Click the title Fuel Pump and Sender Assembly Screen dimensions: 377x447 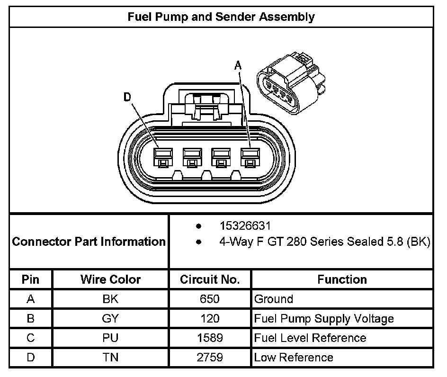click(x=221, y=18)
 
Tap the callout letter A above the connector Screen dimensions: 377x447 click(x=238, y=66)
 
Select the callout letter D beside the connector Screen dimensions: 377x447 click(x=127, y=97)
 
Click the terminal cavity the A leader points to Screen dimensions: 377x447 click(x=250, y=157)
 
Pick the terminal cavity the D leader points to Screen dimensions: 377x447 click(x=162, y=157)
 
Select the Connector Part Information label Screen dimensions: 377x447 click(x=89, y=242)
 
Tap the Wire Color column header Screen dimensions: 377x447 click(x=110, y=279)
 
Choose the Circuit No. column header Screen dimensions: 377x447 click(x=210, y=279)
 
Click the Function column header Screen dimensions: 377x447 click(x=342, y=279)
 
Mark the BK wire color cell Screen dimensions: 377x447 click(x=110, y=299)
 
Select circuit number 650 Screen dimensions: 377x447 click(x=210, y=299)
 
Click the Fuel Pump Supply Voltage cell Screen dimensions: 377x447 click(x=324, y=319)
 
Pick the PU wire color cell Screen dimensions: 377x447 click(x=110, y=338)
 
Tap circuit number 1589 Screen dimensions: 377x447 click(x=210, y=338)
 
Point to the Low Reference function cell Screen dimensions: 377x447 click(x=294, y=358)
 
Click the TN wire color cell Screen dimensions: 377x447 click(x=110, y=358)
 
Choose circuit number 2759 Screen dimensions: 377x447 click(x=210, y=358)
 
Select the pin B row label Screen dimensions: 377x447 click(x=31, y=319)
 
